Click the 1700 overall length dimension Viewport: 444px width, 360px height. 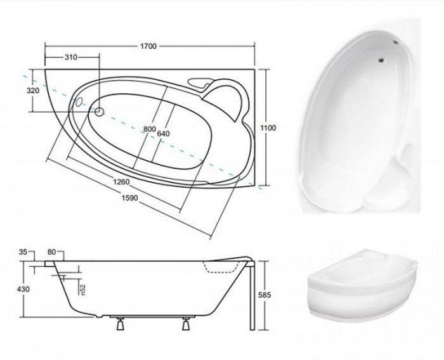148,46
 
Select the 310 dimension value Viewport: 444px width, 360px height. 71,57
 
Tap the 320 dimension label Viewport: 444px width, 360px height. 33,91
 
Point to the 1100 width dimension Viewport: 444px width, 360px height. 268,128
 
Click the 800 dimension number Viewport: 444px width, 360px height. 150,129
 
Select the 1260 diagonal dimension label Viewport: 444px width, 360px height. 121,181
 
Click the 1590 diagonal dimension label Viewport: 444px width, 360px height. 130,198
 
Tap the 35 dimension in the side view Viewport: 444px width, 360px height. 23,252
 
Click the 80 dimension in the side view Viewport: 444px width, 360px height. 51,252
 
